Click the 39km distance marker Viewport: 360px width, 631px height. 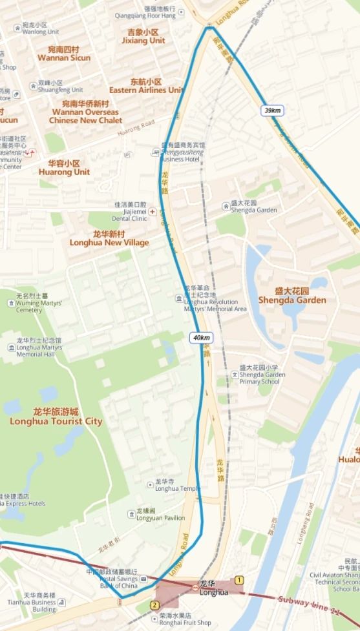coord(272,110)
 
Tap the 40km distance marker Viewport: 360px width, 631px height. coord(200,337)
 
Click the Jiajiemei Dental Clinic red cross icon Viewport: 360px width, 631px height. coord(153,211)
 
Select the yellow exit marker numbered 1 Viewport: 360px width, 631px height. coord(240,580)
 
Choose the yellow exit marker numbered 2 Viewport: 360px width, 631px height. coord(154,605)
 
